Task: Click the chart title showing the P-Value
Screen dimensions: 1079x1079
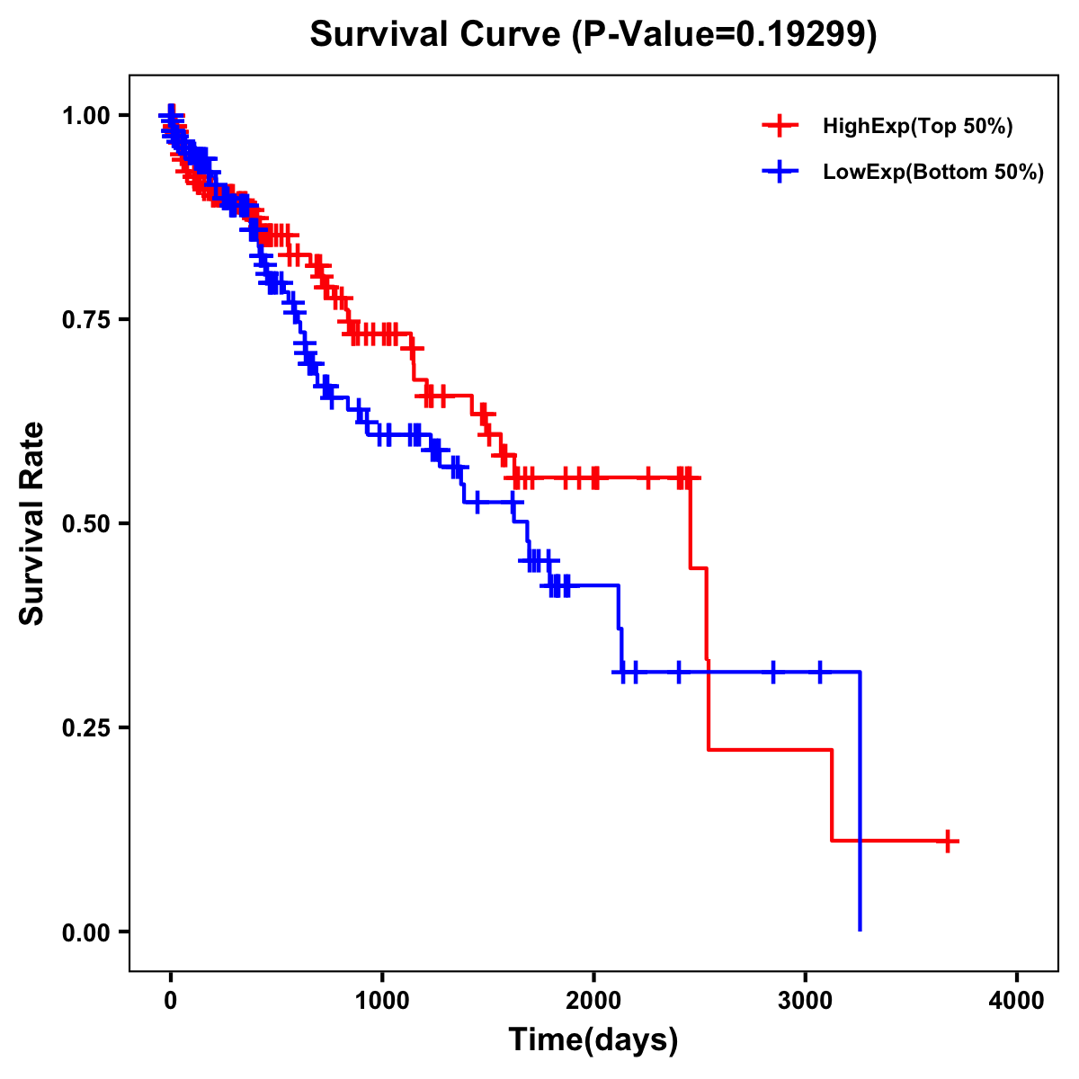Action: [593, 35]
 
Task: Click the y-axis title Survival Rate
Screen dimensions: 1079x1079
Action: [32, 523]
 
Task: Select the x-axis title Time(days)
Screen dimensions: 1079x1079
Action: [593, 1040]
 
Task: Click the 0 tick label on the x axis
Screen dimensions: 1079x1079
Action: [171, 1000]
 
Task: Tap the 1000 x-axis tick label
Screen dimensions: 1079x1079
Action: [382, 1000]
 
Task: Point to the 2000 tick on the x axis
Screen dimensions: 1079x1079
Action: [593, 1000]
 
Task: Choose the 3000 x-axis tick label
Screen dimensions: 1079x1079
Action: [806, 1000]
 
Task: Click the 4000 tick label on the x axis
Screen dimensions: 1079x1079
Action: [1017, 1000]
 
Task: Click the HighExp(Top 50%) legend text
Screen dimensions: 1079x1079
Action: [917, 127]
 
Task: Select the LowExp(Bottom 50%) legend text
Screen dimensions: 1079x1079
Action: [933, 173]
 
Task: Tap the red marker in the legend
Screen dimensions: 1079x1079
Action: [780, 127]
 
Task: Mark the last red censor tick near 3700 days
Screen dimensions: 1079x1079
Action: [948, 841]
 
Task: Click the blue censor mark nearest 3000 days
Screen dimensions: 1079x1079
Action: [820, 672]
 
